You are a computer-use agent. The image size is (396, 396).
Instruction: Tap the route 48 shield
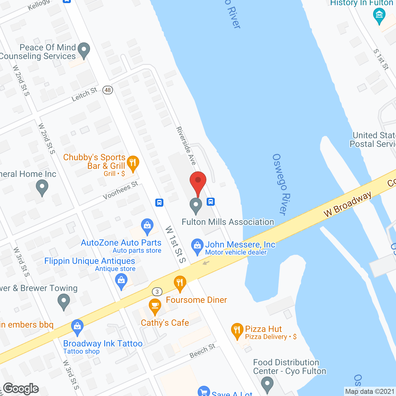click(108, 90)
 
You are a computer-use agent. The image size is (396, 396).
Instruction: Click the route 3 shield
click(157, 291)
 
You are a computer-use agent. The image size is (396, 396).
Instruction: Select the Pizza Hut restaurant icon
click(237, 331)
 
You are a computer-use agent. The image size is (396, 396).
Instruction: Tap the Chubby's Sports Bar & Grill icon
click(133, 163)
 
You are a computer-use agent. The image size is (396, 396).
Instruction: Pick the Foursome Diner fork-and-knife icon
click(180, 283)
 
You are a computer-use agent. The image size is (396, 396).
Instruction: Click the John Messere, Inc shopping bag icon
click(197, 246)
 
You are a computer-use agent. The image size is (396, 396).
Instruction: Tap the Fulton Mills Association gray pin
click(196, 205)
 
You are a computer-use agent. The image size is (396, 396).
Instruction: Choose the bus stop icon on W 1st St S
click(159, 203)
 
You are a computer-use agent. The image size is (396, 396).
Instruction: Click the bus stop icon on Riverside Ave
click(211, 202)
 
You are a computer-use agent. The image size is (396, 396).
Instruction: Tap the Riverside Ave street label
click(186, 145)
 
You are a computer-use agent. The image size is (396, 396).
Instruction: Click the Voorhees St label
click(120, 191)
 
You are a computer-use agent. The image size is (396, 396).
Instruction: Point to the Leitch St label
click(84, 94)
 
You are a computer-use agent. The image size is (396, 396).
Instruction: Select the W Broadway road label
click(347, 204)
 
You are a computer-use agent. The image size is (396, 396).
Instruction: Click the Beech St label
click(202, 351)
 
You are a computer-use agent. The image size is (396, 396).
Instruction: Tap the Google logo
click(21, 389)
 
